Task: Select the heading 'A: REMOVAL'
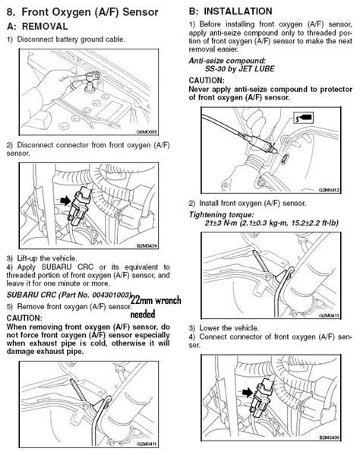[x=43, y=26]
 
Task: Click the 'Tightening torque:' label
[x=221, y=214]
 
